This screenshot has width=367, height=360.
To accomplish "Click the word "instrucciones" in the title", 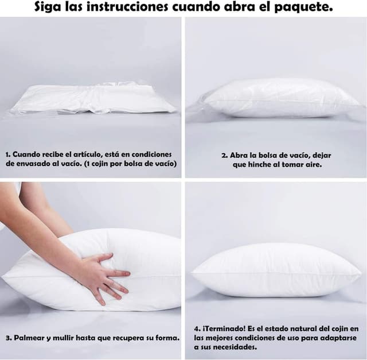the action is click(x=127, y=7).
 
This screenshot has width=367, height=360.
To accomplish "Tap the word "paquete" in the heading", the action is click(x=303, y=7).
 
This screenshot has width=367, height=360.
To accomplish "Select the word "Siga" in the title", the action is click(x=48, y=7).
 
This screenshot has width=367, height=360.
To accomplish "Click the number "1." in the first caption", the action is click(x=8, y=154).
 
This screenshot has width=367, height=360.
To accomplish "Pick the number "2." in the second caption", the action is click(x=225, y=156).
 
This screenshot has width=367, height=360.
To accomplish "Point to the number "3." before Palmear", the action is click(x=9, y=338).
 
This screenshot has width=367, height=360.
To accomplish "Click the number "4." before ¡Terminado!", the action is click(x=197, y=329).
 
